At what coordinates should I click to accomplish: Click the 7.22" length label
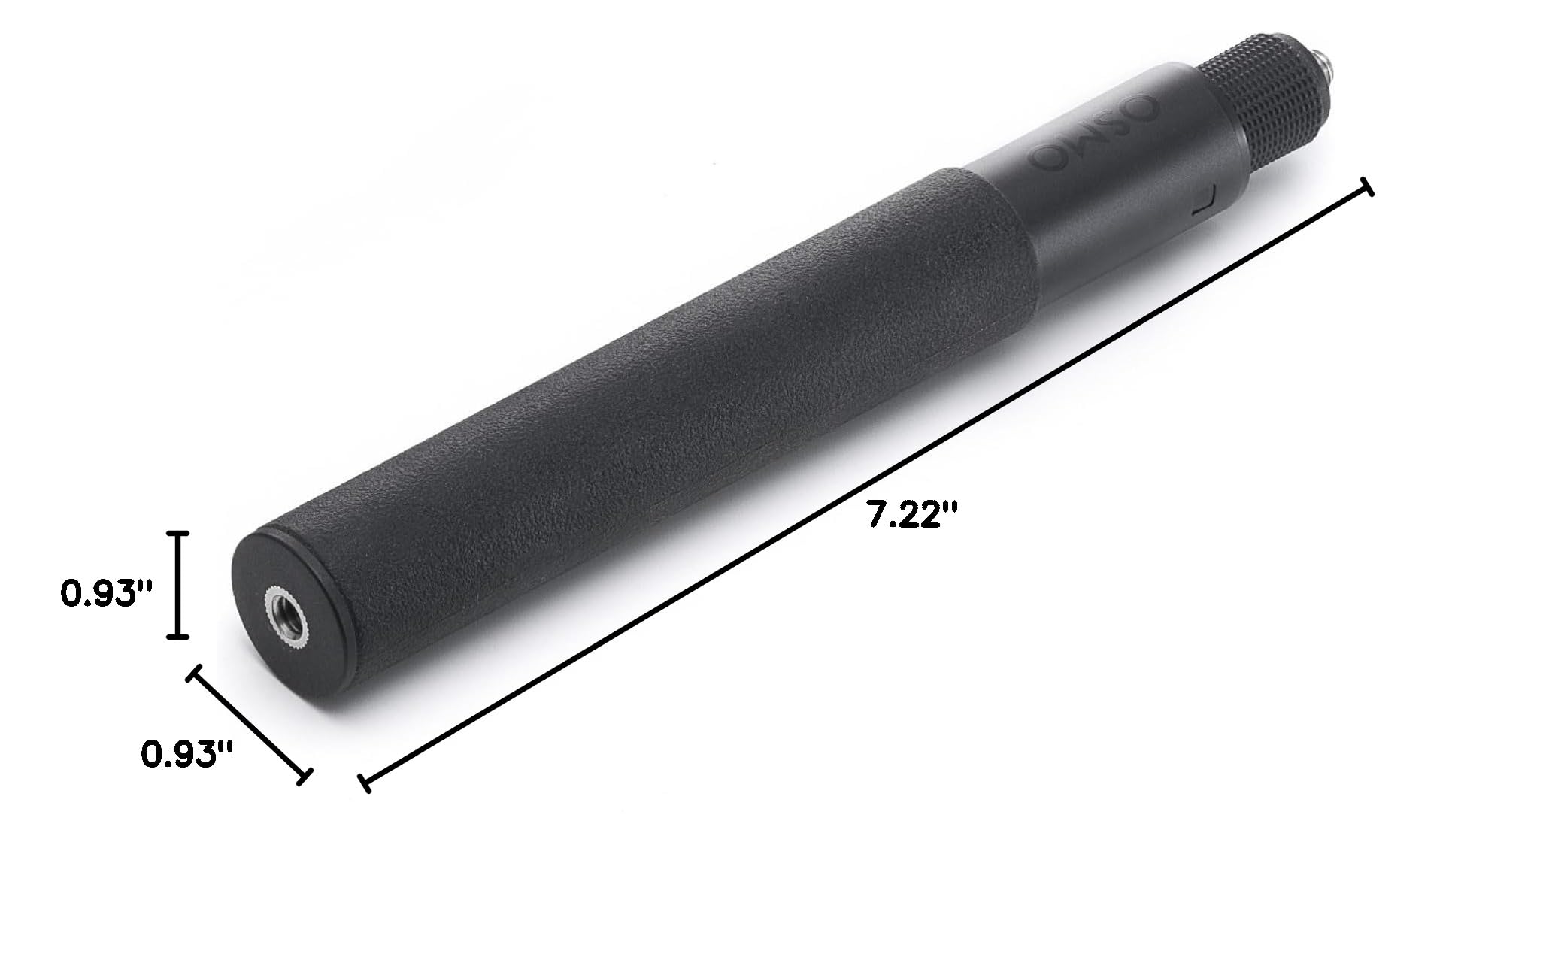pyautogui.click(x=913, y=516)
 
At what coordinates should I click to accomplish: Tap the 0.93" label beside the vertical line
pyautogui.click(x=107, y=594)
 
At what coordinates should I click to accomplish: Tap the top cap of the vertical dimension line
pyautogui.click(x=177, y=533)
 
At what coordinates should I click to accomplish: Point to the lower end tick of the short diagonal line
pyautogui.click(x=304, y=777)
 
